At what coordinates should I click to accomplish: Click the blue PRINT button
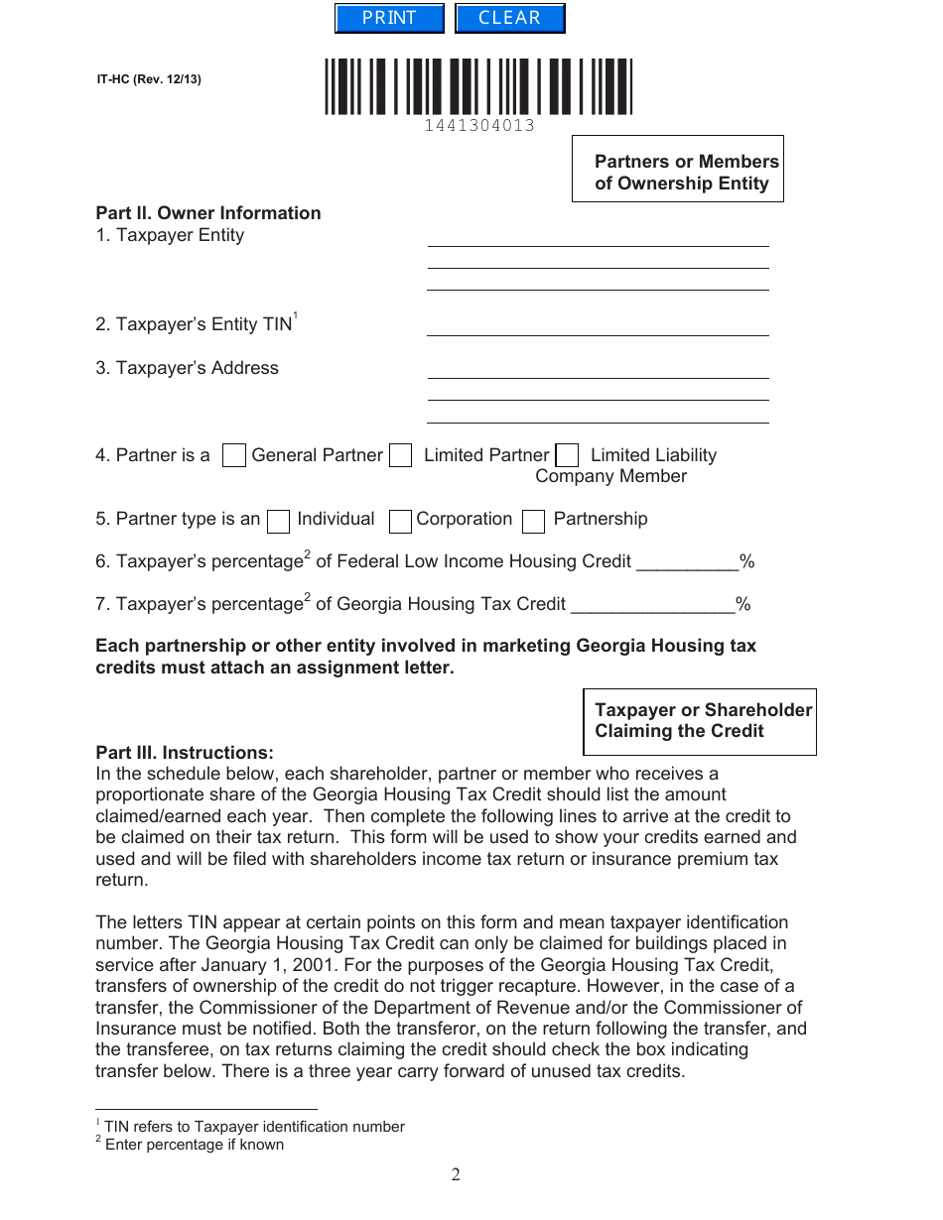pos(389,19)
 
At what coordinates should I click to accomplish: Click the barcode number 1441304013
pos(479,126)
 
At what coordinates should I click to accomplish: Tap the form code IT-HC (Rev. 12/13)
pos(149,79)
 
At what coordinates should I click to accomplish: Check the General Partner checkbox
pos(234,456)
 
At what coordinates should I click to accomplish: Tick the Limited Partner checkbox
pos(401,456)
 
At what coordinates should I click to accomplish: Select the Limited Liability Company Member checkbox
pos(568,456)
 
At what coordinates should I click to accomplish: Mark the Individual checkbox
pos(280,521)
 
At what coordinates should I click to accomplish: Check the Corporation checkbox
pos(401,521)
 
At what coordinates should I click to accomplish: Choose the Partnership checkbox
pos(534,521)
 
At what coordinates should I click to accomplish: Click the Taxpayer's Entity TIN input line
pos(598,326)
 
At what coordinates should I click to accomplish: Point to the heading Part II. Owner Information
pos(208,213)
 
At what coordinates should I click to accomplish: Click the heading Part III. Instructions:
pos(185,753)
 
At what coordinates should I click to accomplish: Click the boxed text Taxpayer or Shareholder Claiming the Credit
pos(700,721)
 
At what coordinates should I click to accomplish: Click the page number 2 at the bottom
pos(456,1175)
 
